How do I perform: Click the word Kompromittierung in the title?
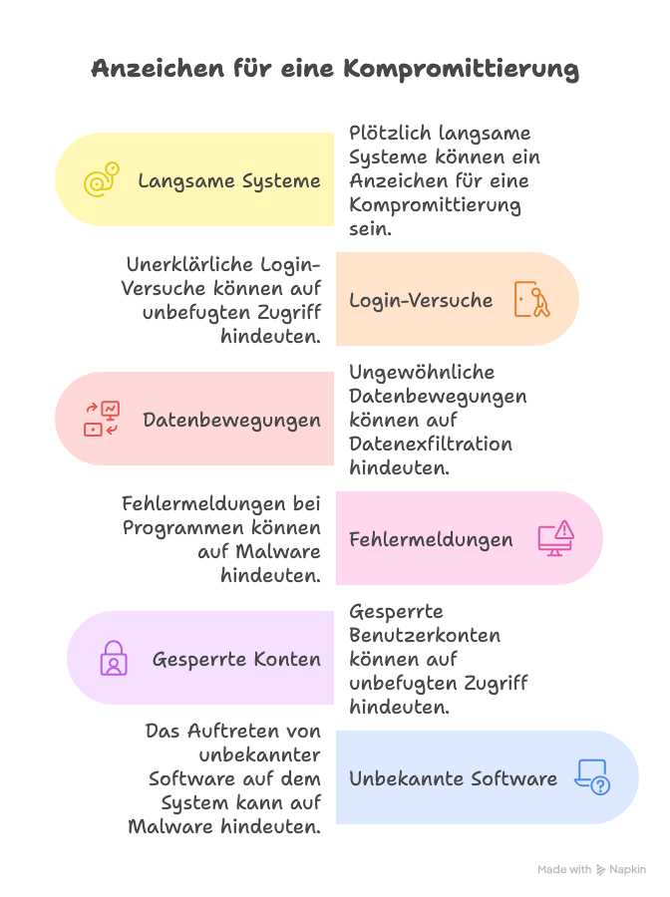click(x=462, y=69)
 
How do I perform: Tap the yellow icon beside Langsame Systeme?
click(x=101, y=179)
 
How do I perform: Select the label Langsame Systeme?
click(x=229, y=180)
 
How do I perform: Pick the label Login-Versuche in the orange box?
click(x=421, y=300)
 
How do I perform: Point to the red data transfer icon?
click(x=101, y=419)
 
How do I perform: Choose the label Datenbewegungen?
click(x=232, y=420)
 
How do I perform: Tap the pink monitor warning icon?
click(x=556, y=538)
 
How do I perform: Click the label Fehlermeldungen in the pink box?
click(x=431, y=539)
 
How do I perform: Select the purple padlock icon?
click(x=113, y=658)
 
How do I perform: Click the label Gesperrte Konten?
click(x=236, y=659)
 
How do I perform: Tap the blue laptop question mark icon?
click(x=592, y=777)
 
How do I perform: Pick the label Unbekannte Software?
click(x=453, y=778)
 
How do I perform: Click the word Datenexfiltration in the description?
click(x=431, y=444)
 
